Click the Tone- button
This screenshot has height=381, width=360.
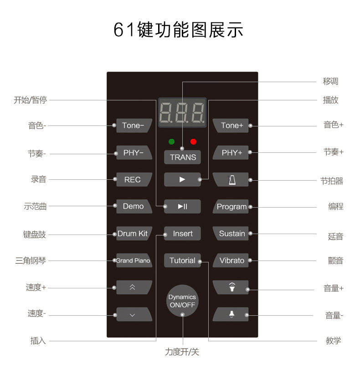point(133,125)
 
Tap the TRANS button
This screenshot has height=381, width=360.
point(183,157)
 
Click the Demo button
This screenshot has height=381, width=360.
point(133,206)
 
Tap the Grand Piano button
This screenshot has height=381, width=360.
point(133,261)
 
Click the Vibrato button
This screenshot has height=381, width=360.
point(231,261)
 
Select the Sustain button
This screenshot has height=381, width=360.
point(231,234)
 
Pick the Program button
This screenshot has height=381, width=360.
point(231,207)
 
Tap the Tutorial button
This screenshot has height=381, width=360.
point(182,261)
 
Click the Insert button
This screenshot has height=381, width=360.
point(183,234)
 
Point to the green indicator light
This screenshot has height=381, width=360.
point(172,141)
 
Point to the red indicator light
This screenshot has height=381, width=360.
point(193,141)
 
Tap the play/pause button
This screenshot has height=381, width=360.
point(183,207)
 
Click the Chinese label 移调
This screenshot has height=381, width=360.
point(330,82)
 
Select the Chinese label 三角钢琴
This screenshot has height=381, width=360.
point(31,261)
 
